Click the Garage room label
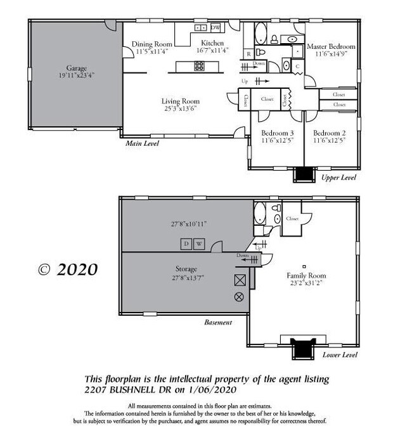(x=72, y=68)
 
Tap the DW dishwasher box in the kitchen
(x=216, y=28)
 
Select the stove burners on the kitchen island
(x=199, y=65)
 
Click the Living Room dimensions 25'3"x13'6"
(x=181, y=108)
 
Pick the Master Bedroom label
(x=331, y=47)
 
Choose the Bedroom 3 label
(x=278, y=133)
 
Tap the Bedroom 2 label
(x=330, y=133)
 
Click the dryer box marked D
(x=186, y=244)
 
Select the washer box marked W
(x=198, y=244)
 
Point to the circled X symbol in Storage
(x=239, y=297)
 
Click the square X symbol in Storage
(x=239, y=280)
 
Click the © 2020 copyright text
(x=68, y=269)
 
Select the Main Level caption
(x=142, y=144)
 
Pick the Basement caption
(x=218, y=322)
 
